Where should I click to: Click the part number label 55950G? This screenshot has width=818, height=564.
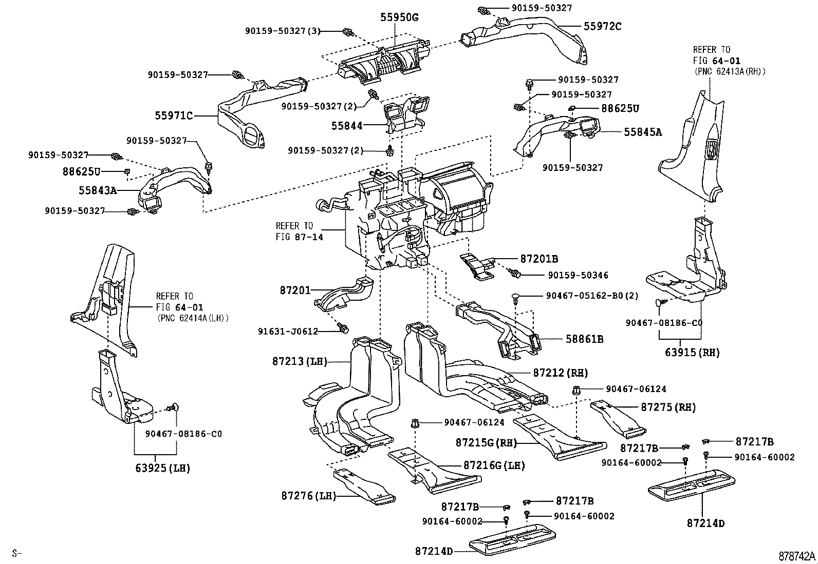pyautogui.click(x=399, y=17)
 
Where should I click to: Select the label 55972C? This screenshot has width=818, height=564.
pyautogui.click(x=602, y=26)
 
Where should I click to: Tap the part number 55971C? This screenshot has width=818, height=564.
pyautogui.click(x=174, y=116)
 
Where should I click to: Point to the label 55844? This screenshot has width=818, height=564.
pyautogui.click(x=347, y=126)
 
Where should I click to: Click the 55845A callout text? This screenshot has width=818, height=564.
pyautogui.click(x=643, y=132)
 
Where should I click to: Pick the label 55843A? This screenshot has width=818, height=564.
pyautogui.click(x=98, y=191)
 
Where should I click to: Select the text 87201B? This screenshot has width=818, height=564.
pyautogui.click(x=539, y=259)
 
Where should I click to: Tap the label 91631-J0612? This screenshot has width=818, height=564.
pyautogui.click(x=288, y=332)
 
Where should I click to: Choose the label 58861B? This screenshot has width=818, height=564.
pyautogui.click(x=584, y=339)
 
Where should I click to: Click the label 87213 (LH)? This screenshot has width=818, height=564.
pyautogui.click(x=300, y=361)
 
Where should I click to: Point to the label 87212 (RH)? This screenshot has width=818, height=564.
pyautogui.click(x=560, y=373)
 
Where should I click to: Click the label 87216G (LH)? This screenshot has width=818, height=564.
pyautogui.click(x=494, y=465)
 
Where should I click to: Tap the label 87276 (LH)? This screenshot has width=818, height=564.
pyautogui.click(x=308, y=496)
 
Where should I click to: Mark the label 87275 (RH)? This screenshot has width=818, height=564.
pyautogui.click(x=668, y=407)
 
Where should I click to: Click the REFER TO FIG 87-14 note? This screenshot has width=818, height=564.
pyautogui.click(x=299, y=231)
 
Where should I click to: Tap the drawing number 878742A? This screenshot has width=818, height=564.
pyautogui.click(x=797, y=556)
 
